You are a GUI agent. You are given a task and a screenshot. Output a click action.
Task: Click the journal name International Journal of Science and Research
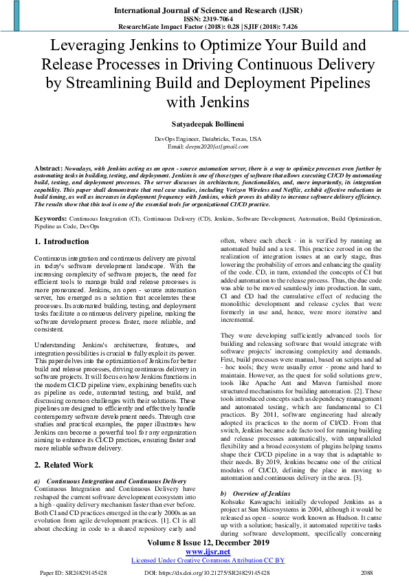pos(204,12)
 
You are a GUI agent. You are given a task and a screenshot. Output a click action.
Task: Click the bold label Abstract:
pos(48,168)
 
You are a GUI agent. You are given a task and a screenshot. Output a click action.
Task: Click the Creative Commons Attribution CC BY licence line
pos(207,560)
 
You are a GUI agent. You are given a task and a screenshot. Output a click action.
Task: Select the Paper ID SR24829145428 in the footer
pos(74,571)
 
